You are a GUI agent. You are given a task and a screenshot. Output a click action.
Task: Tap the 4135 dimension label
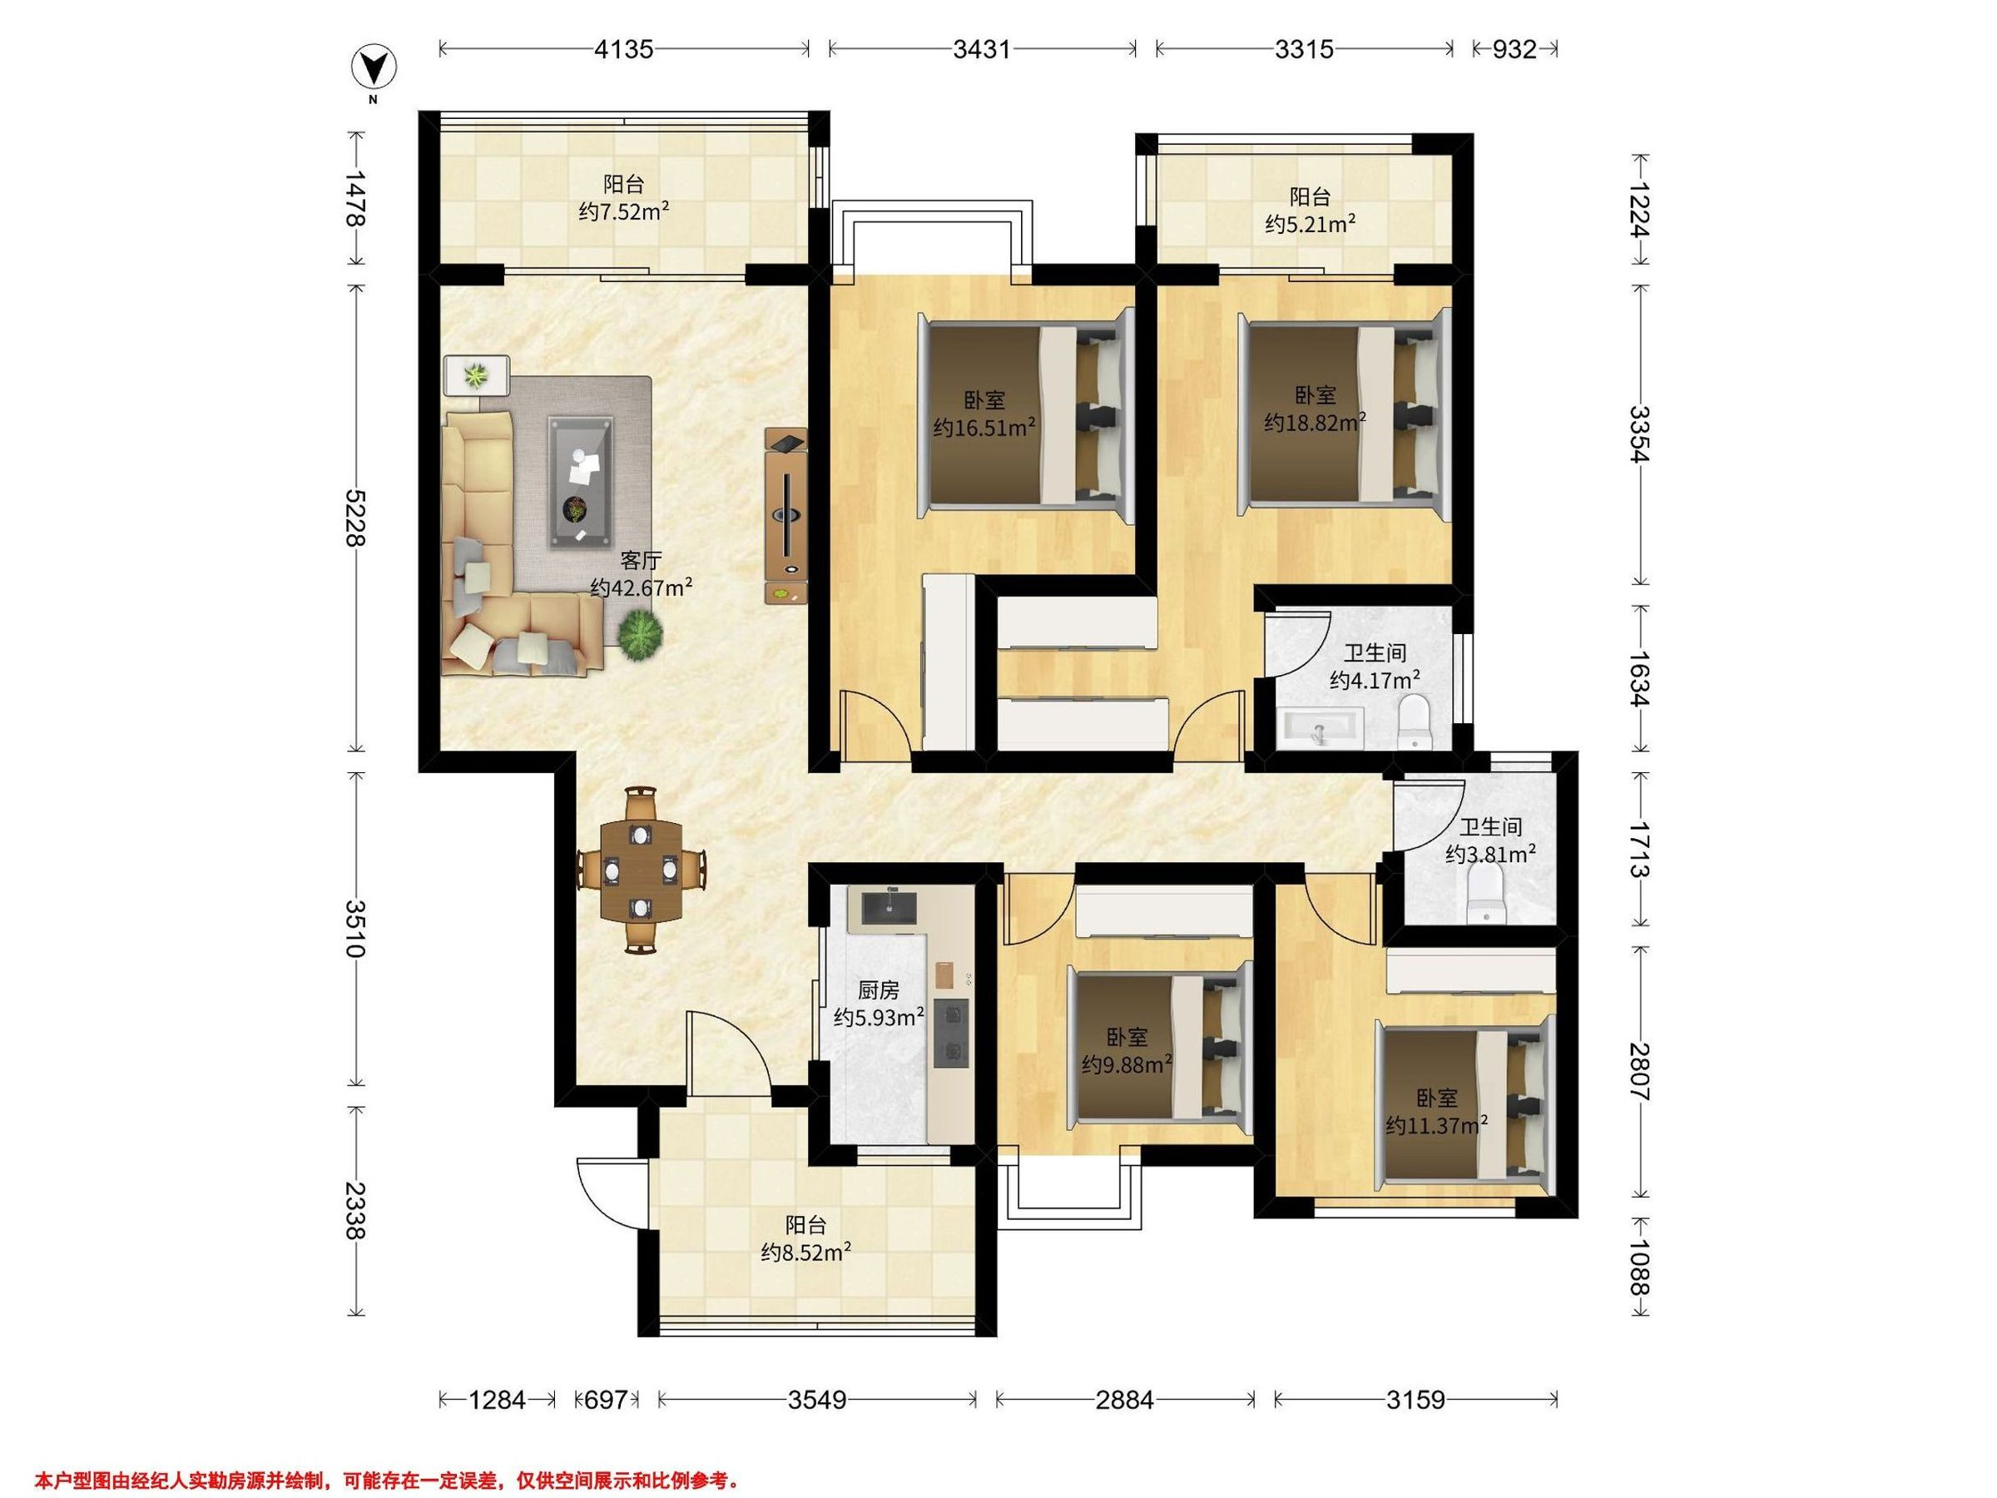click(623, 49)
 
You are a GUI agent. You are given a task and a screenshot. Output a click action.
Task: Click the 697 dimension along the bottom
click(606, 1400)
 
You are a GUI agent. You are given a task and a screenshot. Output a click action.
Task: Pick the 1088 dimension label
click(1640, 1265)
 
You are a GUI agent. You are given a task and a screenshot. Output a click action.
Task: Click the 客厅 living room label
click(640, 561)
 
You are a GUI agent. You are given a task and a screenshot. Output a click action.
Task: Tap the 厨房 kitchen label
click(878, 990)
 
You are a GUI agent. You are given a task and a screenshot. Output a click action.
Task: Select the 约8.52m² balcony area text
click(806, 1252)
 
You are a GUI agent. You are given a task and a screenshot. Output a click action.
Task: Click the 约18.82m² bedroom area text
click(1315, 422)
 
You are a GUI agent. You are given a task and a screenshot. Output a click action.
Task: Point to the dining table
click(641, 868)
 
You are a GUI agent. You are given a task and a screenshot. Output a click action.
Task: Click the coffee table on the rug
click(581, 481)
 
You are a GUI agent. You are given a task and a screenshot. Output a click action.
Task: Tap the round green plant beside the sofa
click(640, 635)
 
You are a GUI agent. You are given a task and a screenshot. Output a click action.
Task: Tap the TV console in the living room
click(786, 516)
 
